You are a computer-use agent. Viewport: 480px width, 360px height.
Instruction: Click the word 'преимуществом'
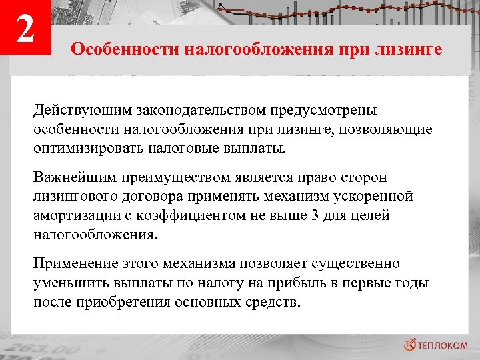181,178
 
